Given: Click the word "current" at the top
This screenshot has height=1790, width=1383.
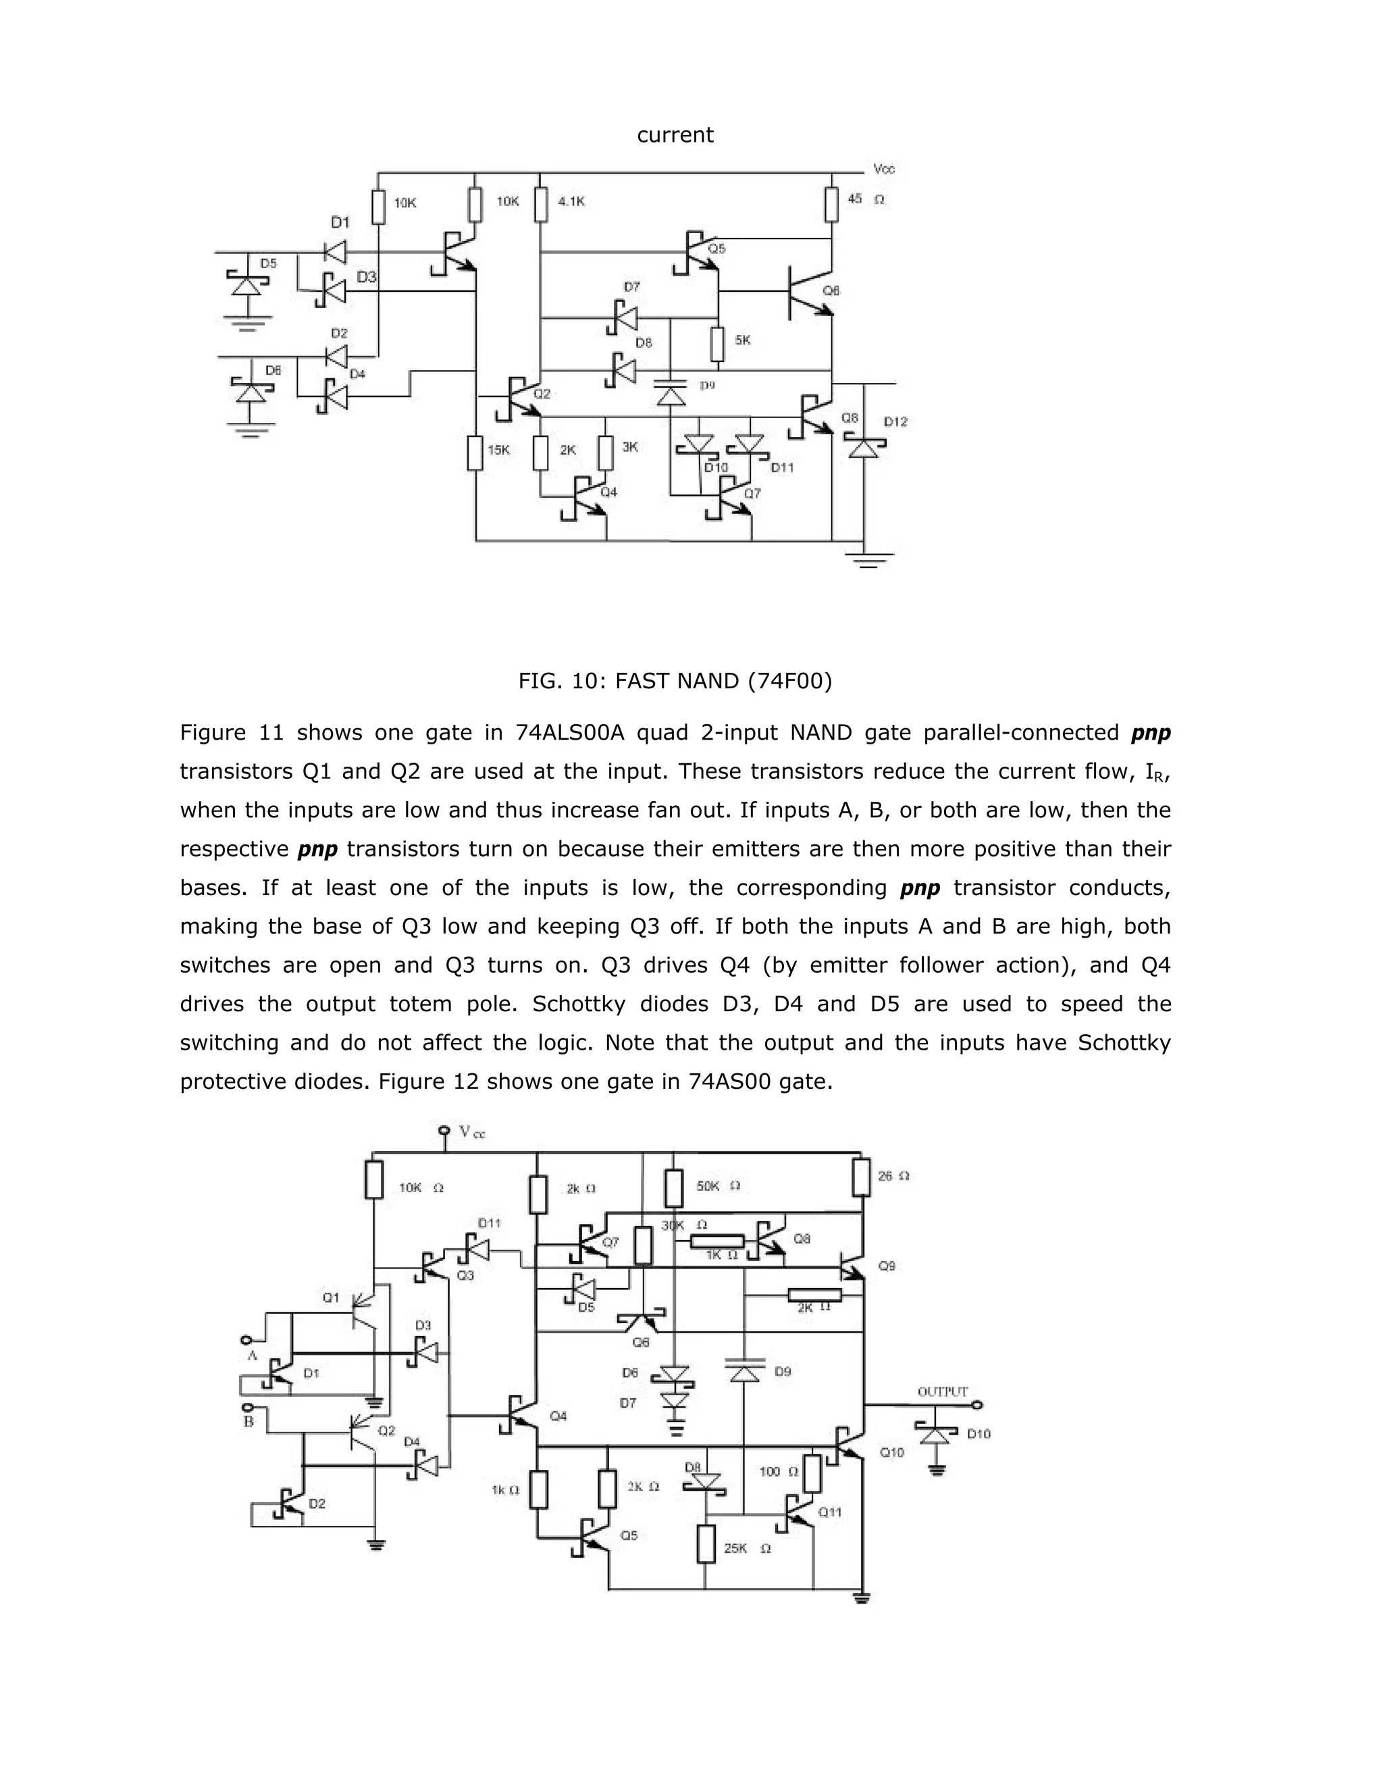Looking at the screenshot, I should pos(675,135).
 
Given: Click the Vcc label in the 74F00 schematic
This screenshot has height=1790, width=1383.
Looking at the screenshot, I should pos(884,169).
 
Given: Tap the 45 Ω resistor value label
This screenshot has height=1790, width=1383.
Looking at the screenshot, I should pos(865,199).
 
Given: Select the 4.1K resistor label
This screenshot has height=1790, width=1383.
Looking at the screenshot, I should pos(571,201).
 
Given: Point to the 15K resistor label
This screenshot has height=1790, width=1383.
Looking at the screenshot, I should pos(498,450).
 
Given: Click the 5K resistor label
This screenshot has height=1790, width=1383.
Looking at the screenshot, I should pos(742,339).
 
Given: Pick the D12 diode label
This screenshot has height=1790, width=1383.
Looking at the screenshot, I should pos(895,421).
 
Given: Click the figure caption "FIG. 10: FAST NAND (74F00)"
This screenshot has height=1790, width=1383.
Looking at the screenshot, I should pos(675,681).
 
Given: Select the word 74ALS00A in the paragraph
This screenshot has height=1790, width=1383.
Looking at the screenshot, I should pos(569,733).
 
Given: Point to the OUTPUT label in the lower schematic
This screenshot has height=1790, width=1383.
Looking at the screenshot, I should pos(942,1391).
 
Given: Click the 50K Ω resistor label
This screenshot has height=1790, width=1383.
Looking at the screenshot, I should pos(718,1185).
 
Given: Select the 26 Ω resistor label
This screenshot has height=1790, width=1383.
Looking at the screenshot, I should pos(893,1175).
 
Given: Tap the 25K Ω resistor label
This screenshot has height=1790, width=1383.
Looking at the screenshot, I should pos(746,1548).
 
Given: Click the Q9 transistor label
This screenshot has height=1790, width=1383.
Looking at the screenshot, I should pos(887,1265).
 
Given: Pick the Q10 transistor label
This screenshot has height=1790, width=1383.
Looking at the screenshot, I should pos(891,1452).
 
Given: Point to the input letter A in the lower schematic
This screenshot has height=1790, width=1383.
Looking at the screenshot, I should pos(253,1356).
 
